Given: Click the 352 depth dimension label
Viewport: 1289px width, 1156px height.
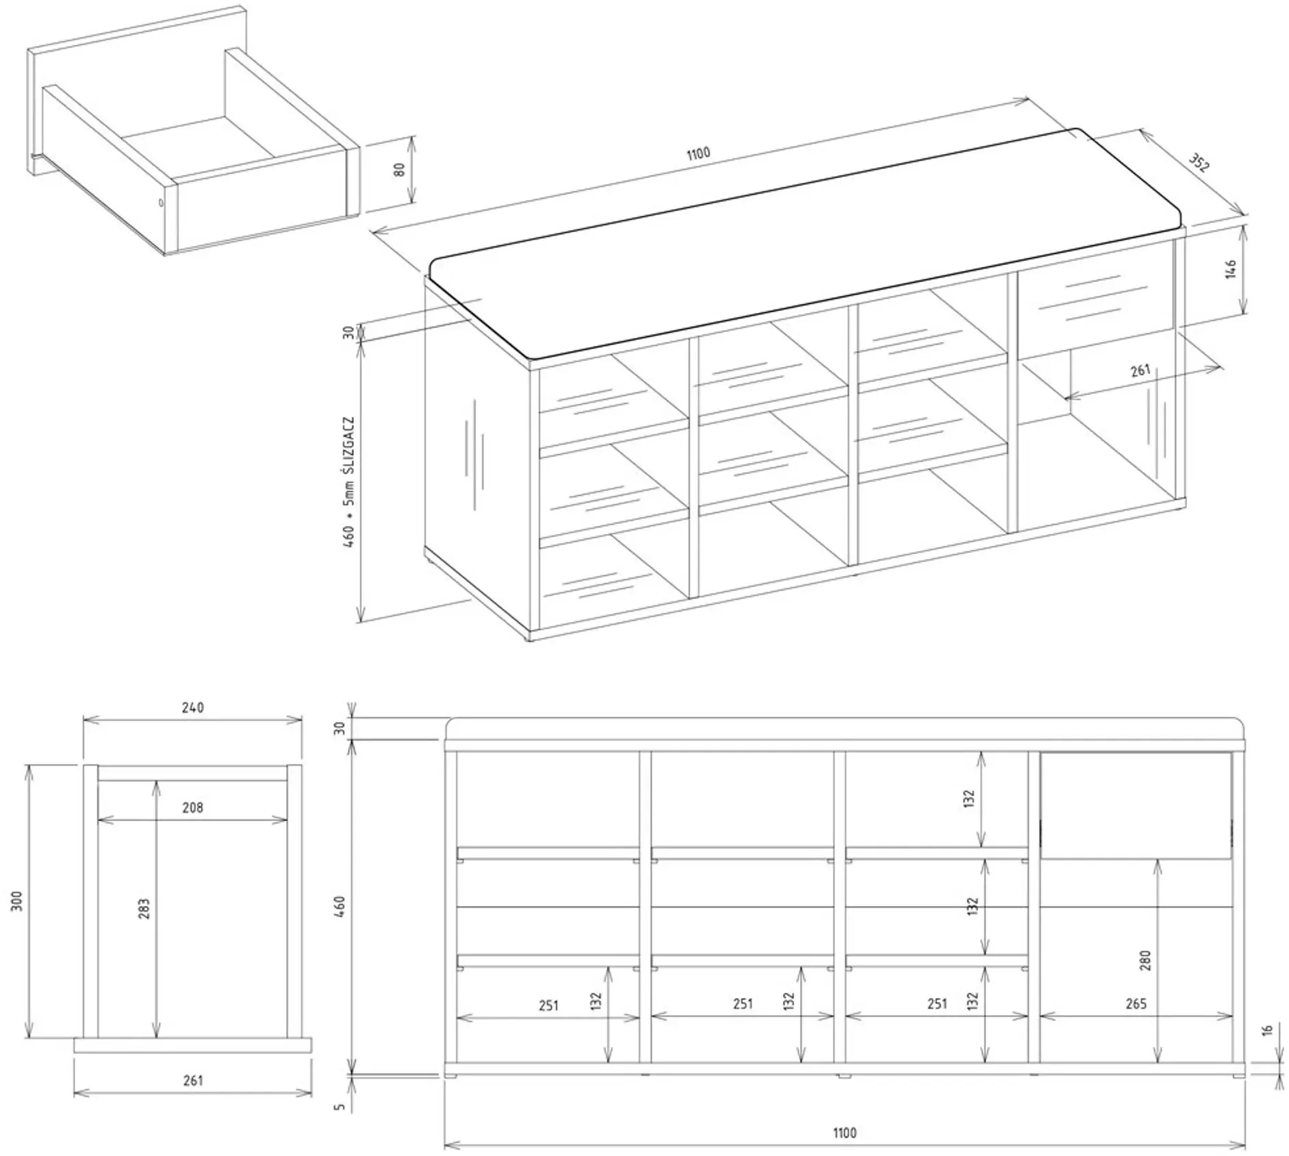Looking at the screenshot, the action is [x=1199, y=162].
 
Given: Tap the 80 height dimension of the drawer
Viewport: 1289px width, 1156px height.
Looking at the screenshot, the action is [x=400, y=168].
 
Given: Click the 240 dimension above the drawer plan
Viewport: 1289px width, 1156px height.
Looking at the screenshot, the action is [x=193, y=707].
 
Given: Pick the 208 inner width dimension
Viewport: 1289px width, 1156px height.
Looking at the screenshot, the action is [x=193, y=807].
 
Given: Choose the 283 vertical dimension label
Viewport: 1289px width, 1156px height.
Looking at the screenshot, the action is [x=144, y=909].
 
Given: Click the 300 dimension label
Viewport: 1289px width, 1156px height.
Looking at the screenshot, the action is [x=18, y=901].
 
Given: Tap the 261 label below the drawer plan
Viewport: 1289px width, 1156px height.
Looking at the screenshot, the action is [x=193, y=1080].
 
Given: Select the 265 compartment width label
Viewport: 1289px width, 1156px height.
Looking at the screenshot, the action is [x=1136, y=1004].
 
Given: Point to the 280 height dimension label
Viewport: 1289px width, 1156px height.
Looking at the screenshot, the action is [x=1146, y=960].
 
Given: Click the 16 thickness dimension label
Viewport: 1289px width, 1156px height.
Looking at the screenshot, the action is [x=1267, y=1030].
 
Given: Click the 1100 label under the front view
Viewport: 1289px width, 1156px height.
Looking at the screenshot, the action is [x=845, y=1133].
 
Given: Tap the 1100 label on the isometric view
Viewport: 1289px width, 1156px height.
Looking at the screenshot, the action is [x=698, y=153].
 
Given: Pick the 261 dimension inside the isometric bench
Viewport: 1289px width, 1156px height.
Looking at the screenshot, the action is [x=1140, y=370].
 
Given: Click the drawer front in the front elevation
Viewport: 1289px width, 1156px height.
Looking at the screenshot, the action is [x=1136, y=805].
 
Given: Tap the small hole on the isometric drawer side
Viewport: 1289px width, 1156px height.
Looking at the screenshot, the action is [x=161, y=202].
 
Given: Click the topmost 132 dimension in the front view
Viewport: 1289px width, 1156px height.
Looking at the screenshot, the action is [x=968, y=799].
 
